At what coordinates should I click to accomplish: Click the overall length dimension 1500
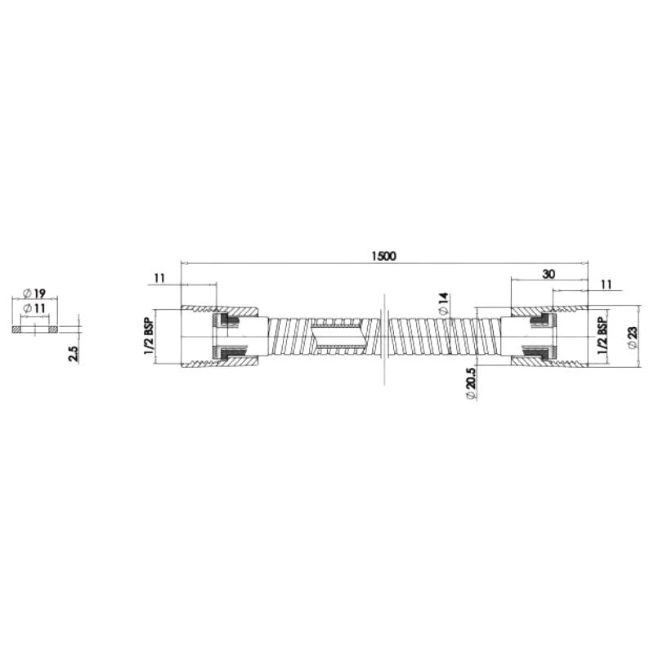point(383,256)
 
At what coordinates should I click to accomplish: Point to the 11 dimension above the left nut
point(159,278)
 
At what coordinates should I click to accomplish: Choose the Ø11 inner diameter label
point(34,307)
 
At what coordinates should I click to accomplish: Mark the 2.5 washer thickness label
point(73,354)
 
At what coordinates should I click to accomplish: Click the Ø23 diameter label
point(632,336)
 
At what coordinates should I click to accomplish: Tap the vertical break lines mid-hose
point(382,336)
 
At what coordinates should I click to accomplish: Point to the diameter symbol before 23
point(632,347)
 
